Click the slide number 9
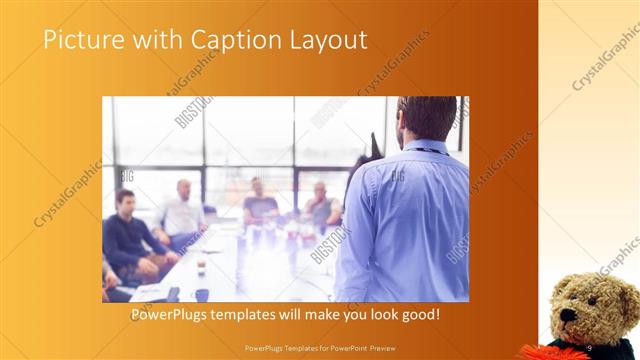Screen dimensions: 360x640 pyautogui.click(x=590, y=347)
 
